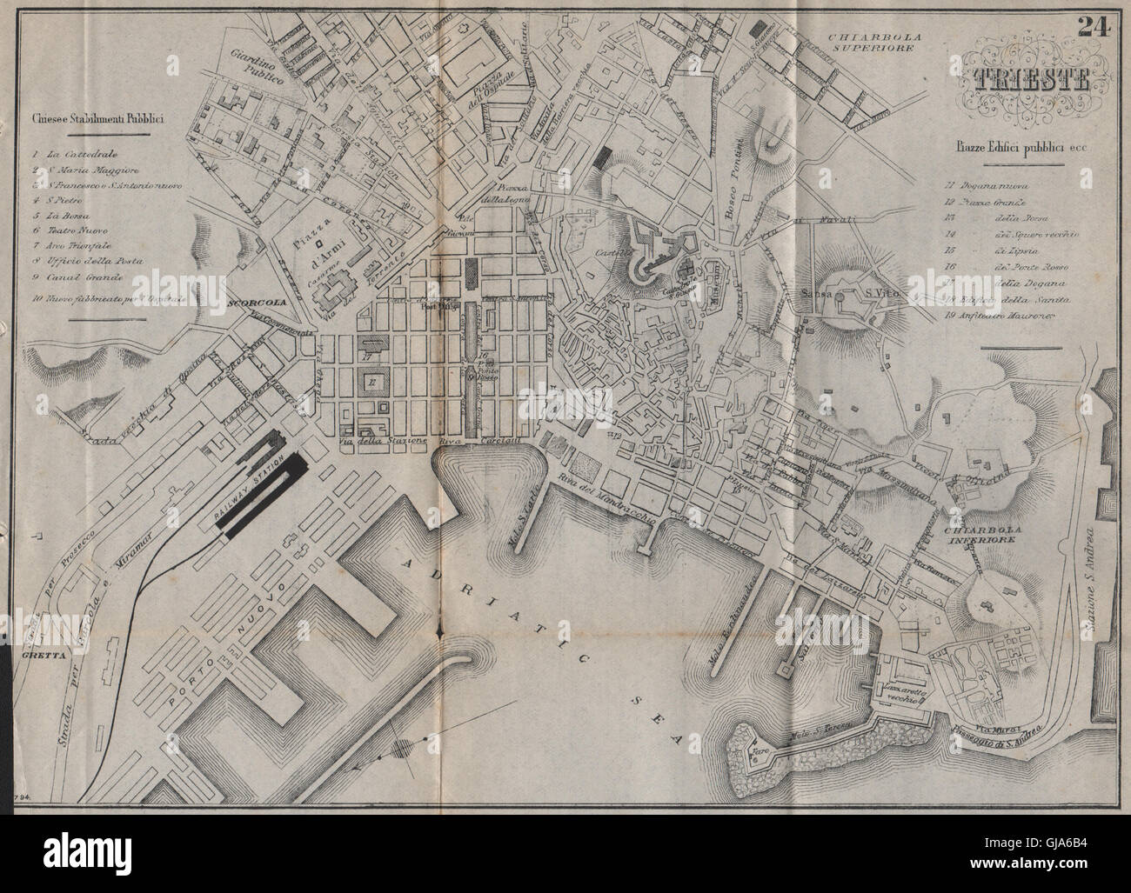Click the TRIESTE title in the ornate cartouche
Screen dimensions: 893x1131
(x=1023, y=79)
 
